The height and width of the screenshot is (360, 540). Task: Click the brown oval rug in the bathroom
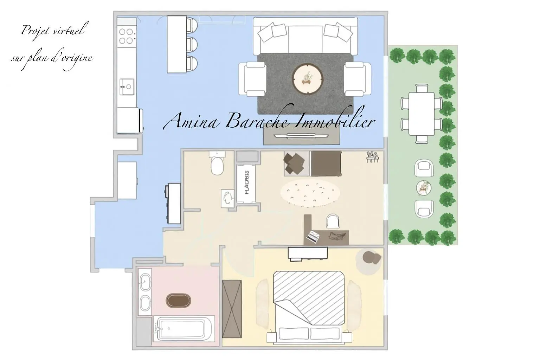coord(178,301)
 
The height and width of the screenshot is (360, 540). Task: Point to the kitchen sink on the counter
coord(127,86)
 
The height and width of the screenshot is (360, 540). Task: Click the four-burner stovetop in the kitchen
coord(126,36)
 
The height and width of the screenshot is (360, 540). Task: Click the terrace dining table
coord(422,114)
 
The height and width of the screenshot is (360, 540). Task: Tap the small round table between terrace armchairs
coord(424,188)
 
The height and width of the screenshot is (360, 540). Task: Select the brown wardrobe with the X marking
coord(232,309)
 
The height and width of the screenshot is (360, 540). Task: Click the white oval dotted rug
coord(310,193)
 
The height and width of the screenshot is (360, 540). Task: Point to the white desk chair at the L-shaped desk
coord(333,221)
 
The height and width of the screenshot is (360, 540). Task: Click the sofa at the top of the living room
coord(306,36)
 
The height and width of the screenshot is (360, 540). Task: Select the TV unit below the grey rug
coord(302,136)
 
